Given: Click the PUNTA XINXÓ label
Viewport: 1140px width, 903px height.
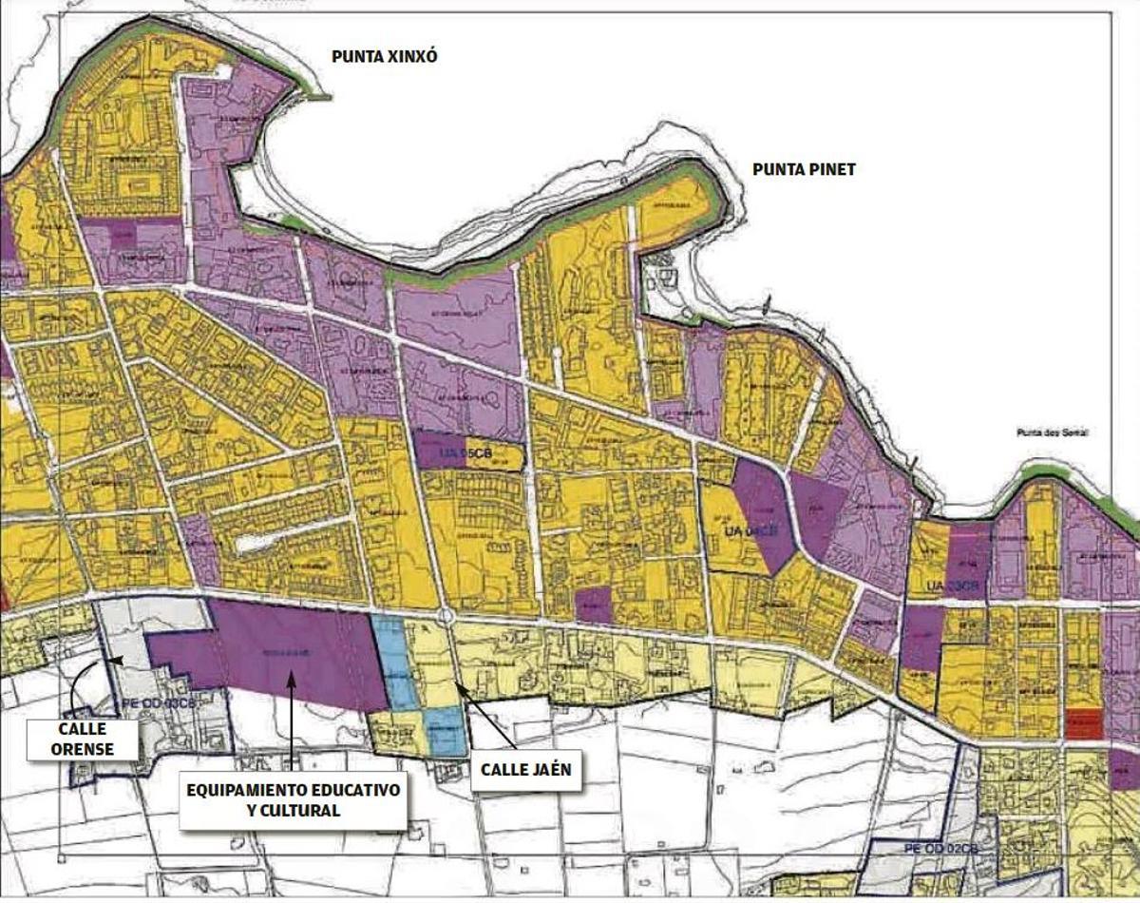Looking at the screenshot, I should coord(384,57).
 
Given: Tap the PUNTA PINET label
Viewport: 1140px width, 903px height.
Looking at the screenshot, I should coord(804,170).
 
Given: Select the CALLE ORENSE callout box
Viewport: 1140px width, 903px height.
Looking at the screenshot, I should coord(83,739).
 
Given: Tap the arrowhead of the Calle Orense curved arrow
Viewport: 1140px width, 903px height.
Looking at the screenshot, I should coord(116,659).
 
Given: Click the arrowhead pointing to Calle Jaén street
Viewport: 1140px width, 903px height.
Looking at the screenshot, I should coord(457,683).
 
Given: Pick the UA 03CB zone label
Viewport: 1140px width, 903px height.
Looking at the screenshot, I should coord(953,587).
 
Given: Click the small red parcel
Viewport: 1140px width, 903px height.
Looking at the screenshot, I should coord(1083,723).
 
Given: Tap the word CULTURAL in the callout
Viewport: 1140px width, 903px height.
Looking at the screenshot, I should coord(293,811).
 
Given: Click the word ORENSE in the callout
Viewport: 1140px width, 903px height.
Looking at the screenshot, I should coord(83,749).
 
